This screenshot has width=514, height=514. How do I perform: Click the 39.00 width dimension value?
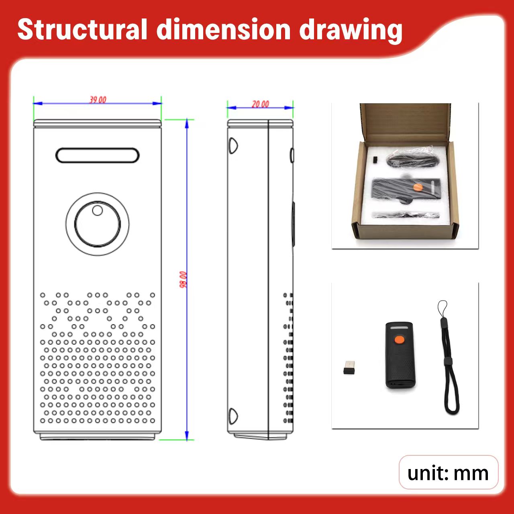(98, 100)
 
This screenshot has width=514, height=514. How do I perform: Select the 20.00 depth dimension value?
(260, 104)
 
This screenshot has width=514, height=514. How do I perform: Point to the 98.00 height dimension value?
(183, 279)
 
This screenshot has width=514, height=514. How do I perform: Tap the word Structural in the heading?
(82, 30)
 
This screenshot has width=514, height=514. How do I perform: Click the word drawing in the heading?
(351, 31)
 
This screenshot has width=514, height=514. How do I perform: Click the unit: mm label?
(448, 473)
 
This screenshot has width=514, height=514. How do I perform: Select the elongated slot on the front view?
(97, 155)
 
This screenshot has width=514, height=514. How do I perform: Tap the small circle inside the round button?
(97, 210)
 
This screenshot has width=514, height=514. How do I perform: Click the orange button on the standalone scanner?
(399, 340)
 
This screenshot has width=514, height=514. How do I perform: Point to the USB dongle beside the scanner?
(349, 367)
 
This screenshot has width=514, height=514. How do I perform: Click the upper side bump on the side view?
(233, 146)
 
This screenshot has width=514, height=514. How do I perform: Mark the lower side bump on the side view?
(233, 416)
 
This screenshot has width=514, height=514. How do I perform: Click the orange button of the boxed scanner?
(418, 187)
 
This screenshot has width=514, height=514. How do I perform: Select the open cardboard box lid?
(406, 122)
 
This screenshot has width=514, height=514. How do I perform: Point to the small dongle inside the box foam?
(375, 160)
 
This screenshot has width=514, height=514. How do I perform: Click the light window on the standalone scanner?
(399, 328)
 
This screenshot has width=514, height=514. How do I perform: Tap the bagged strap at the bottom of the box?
(406, 215)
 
